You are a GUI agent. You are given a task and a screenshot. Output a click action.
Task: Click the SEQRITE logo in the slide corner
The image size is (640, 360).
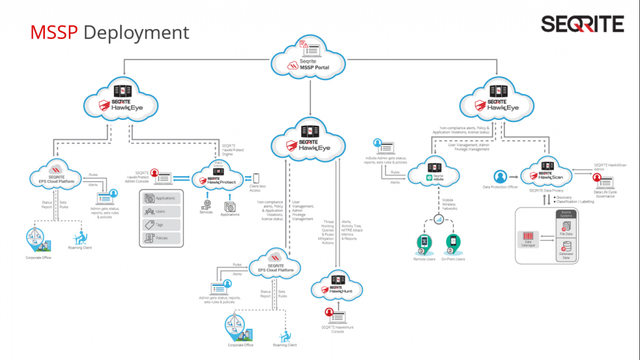582,24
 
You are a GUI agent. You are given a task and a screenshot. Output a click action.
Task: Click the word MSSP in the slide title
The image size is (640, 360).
55,32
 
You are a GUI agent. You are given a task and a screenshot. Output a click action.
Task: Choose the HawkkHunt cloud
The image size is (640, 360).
337,288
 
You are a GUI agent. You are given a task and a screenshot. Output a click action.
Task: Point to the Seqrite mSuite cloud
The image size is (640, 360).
438,174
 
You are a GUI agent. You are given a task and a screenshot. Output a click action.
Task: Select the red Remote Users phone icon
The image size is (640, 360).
424,242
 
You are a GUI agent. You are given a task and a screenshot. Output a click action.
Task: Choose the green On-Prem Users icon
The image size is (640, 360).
452,242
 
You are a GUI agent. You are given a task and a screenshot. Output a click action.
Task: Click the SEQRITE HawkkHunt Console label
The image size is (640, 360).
337,329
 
